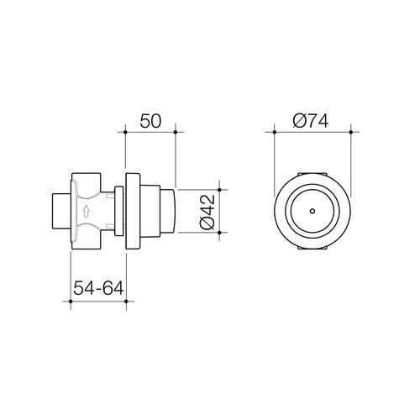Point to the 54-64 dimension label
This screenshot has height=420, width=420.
tap(97, 288)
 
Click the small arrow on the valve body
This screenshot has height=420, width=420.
tap(87, 212)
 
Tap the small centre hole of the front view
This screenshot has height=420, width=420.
tap(312, 213)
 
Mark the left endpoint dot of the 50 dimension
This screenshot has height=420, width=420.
tap(125, 133)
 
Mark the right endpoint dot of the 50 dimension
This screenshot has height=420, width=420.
tap(176, 133)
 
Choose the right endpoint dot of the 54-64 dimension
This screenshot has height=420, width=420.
tap(124, 301)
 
